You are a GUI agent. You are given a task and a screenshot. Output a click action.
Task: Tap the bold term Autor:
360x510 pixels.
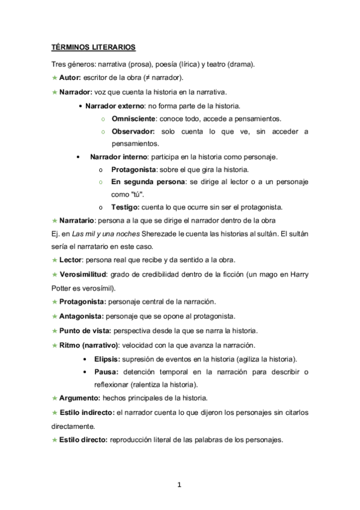point(70,78)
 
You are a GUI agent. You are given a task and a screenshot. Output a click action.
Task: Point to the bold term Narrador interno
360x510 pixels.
point(116,157)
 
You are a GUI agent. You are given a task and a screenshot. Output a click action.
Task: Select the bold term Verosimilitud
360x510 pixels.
point(83,275)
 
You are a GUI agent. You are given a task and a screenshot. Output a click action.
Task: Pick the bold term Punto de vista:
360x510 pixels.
point(83,330)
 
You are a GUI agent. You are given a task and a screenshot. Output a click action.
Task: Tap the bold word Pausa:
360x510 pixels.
point(106,372)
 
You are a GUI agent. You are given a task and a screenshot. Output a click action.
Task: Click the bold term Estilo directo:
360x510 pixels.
point(83,440)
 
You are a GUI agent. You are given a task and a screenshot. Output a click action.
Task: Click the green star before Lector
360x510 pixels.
point(54,260)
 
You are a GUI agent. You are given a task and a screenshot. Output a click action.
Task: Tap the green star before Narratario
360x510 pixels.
point(54,220)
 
